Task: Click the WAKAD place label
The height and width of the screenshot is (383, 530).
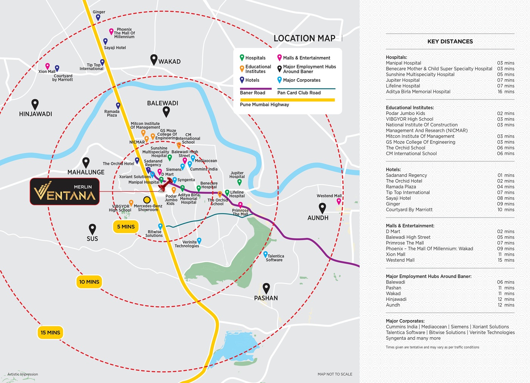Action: [170, 62]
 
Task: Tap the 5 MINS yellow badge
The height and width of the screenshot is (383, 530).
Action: [126, 227]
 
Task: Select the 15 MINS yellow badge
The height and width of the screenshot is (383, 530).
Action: [50, 332]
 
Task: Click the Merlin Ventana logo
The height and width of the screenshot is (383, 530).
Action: [65, 191]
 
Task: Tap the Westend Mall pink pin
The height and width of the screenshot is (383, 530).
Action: [339, 202]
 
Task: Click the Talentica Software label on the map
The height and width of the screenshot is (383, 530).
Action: [274, 258]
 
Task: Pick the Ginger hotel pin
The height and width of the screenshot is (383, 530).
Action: [98, 17]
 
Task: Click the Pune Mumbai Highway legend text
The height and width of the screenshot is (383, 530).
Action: [264, 104]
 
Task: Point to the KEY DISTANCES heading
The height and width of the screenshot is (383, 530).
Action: [450, 41]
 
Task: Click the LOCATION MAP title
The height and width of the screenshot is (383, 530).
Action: [304, 38]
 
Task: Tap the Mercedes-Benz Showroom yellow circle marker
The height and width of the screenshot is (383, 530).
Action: [147, 200]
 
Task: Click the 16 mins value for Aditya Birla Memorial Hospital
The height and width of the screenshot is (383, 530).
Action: [506, 92]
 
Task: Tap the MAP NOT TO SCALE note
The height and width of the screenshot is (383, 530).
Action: [335, 374]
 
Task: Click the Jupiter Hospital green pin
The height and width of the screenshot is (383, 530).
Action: [239, 182]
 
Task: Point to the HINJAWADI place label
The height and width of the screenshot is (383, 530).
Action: [36, 114]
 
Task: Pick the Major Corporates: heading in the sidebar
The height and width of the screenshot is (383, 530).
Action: [405, 321]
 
